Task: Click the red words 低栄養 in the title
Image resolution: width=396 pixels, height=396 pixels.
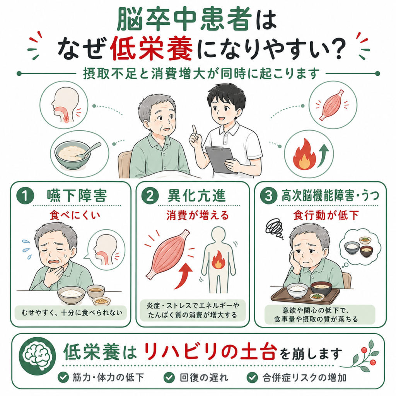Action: point(152,48)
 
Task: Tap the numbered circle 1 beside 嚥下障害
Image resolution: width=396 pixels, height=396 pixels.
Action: point(25,196)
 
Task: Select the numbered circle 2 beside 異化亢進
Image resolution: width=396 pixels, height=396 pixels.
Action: point(150,196)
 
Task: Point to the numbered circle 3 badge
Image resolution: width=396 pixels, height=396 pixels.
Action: point(268,196)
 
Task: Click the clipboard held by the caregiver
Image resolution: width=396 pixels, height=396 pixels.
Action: point(221,160)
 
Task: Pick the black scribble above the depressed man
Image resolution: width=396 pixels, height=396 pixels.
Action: point(274,228)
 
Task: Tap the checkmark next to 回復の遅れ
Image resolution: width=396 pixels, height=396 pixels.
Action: point(169,377)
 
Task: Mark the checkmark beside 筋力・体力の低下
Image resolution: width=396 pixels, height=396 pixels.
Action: point(63,377)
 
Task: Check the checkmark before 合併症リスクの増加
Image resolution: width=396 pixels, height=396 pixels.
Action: point(252,377)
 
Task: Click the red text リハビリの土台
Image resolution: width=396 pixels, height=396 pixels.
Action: point(209,352)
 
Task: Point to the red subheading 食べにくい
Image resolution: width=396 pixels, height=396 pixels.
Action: point(75,215)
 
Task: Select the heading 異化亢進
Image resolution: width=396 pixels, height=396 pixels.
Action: point(196,196)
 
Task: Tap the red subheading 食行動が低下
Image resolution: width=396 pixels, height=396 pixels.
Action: point(326,215)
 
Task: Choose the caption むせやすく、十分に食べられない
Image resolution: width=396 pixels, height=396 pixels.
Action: point(72,312)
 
